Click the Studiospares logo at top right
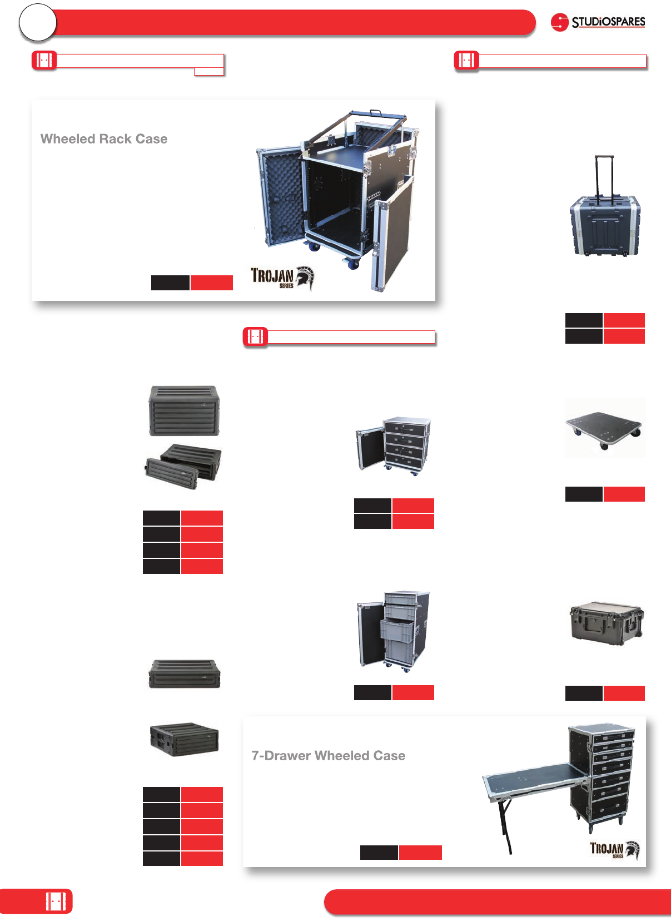pos(598,22)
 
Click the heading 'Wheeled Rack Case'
pos(104,139)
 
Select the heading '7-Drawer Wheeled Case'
pos(328,756)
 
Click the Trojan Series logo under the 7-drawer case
pos(614,849)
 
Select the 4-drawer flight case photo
pos(394,444)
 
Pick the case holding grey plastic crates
pos(394,631)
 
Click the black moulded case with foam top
pos(606,622)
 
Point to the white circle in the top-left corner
pos(38,23)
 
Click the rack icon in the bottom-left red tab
pos(56,901)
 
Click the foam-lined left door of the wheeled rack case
pos(280,195)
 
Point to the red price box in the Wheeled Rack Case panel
pos(211,283)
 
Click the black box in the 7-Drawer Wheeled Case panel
pos(379,853)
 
